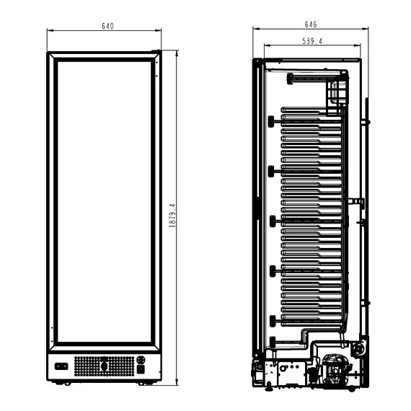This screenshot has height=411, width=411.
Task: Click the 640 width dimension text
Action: point(107,26)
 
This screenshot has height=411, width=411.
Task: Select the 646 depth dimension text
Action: point(311,25)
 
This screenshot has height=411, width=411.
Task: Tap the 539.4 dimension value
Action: point(311,42)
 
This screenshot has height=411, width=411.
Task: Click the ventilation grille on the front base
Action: point(105,366)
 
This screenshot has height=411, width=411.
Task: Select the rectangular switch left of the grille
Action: point(61,366)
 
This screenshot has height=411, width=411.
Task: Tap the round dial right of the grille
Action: point(141,360)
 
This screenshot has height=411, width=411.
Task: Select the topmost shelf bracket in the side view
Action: point(271,121)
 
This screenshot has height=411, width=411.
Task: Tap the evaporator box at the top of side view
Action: point(335,92)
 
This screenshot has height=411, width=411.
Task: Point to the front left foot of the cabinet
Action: point(67,384)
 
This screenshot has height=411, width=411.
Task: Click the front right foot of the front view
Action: point(146,384)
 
